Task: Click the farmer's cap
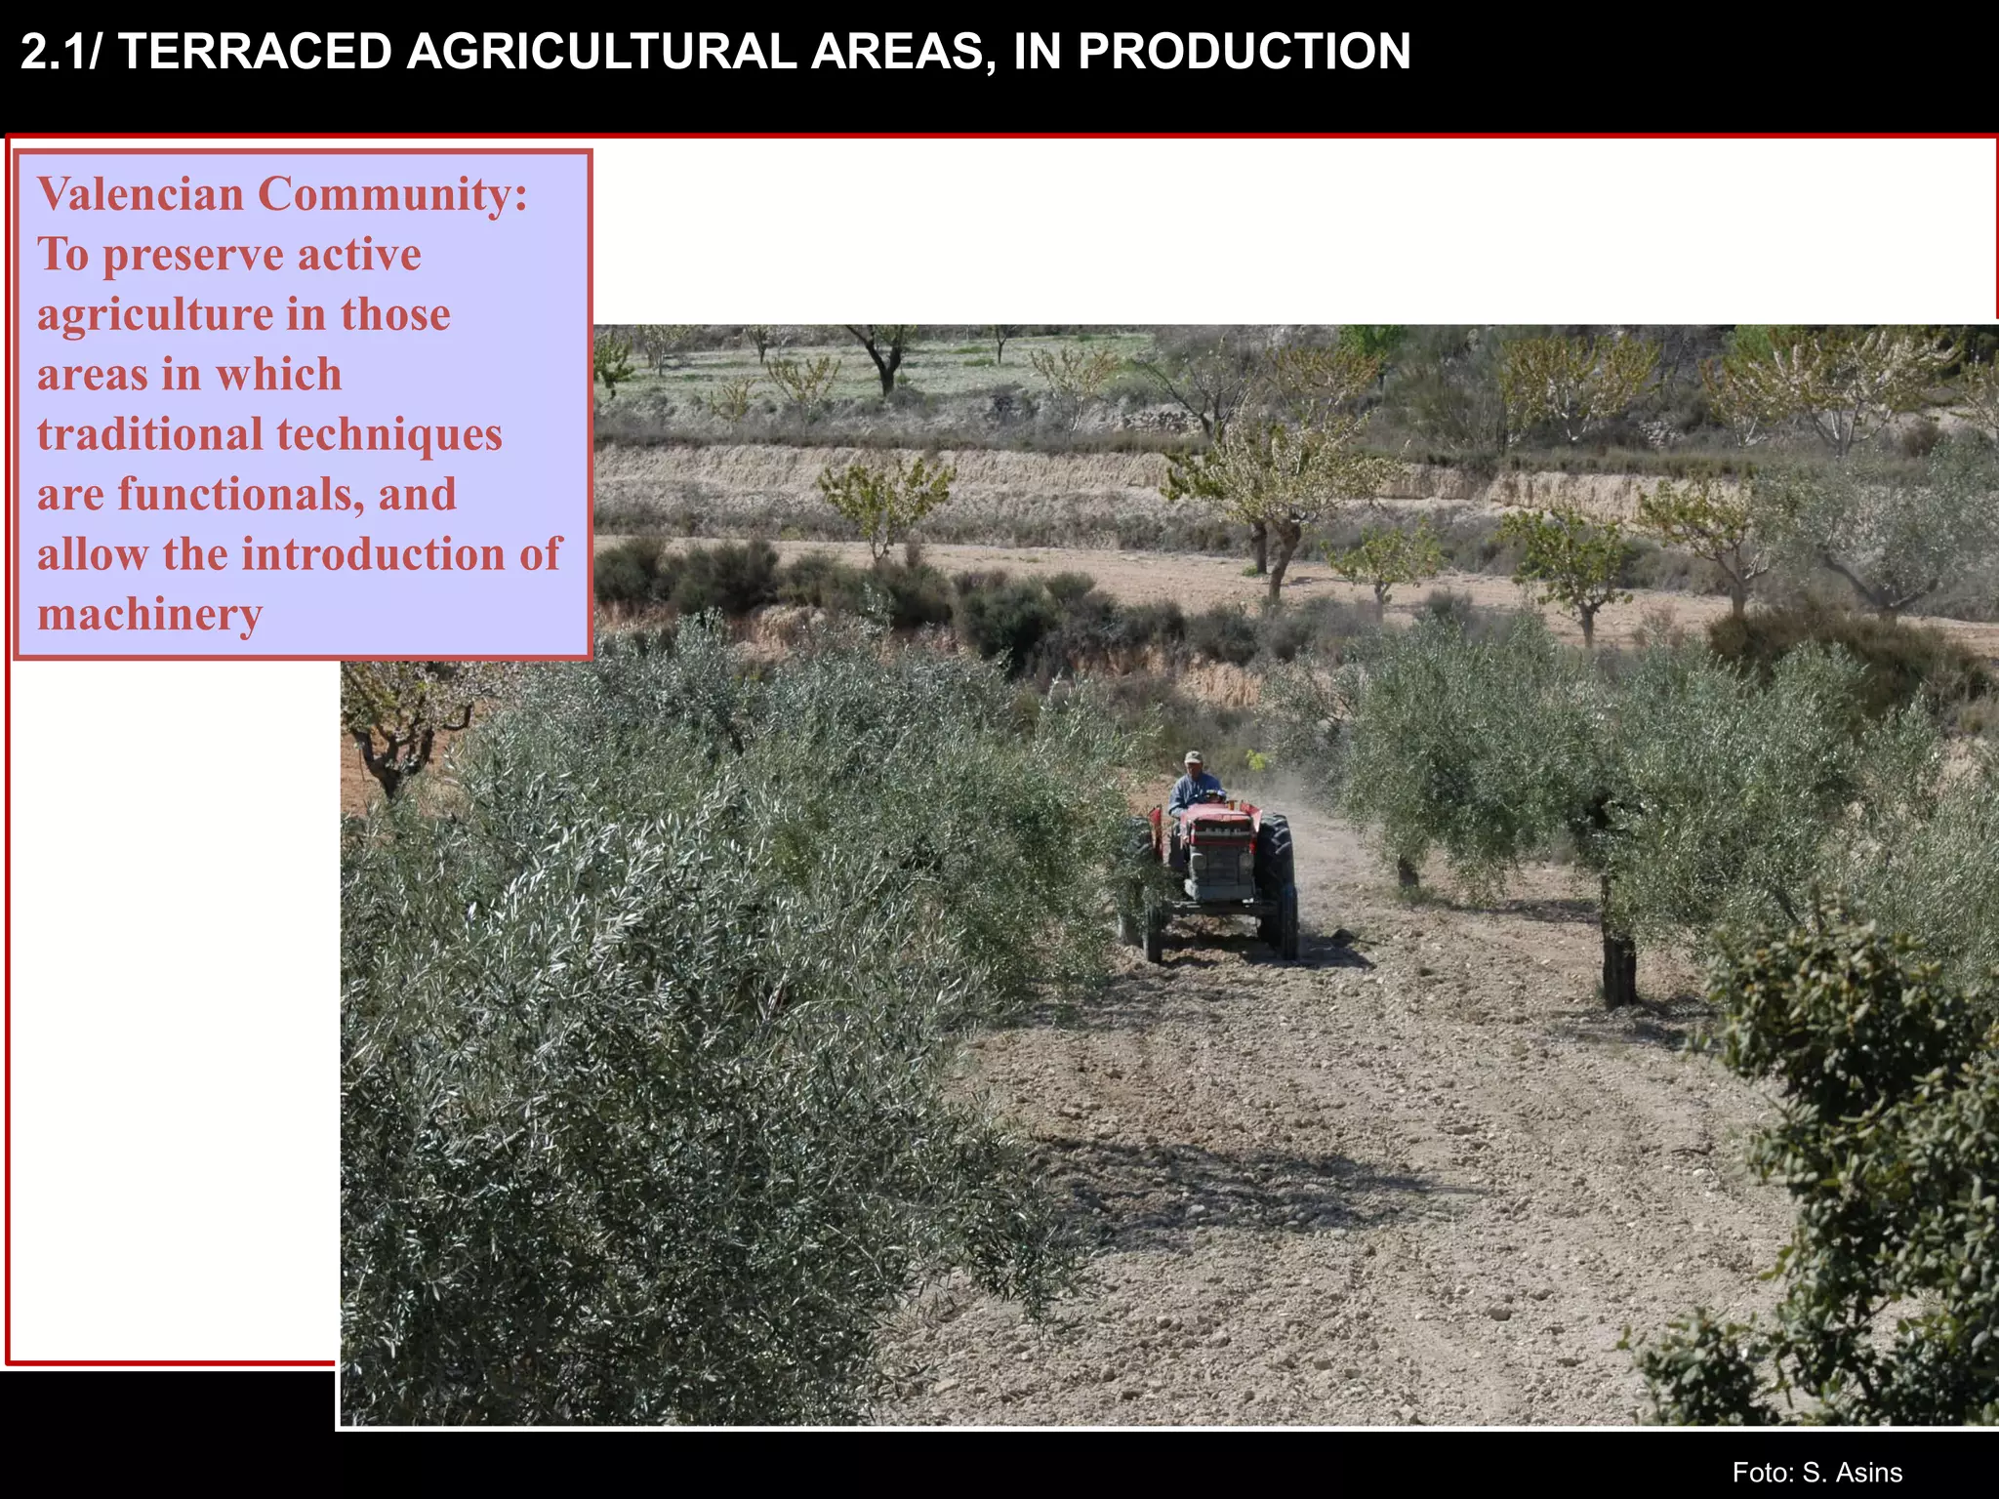coord(1193,757)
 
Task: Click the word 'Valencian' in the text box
coord(141,194)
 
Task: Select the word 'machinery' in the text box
coord(150,615)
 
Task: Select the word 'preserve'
coord(193,256)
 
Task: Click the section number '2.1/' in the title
coord(61,52)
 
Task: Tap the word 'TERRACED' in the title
coord(255,52)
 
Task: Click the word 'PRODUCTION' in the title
coord(1244,52)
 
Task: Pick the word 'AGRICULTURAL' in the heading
coord(601,52)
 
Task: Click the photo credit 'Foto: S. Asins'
coord(1816,1473)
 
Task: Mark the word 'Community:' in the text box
coord(393,194)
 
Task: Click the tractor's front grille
coord(1218,864)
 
